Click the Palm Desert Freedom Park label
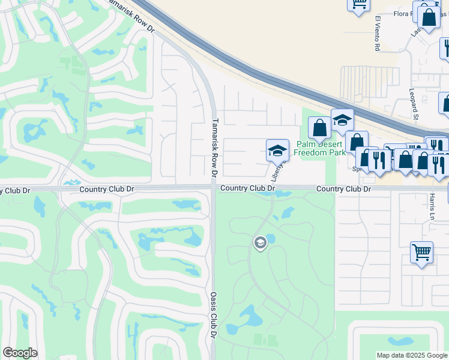(321, 149)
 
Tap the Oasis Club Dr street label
(214, 314)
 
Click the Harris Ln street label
(432, 206)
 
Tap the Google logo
(20, 353)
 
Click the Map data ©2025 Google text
(412, 355)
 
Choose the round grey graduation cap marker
(260, 243)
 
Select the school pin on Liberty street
(277, 150)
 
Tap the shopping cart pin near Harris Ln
(421, 252)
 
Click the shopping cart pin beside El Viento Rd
(358, 5)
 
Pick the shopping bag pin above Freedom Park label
(319, 127)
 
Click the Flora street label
(402, 13)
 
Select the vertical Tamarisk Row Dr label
(214, 146)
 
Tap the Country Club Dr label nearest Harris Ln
(344, 189)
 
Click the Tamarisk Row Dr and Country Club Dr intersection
(214, 188)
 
